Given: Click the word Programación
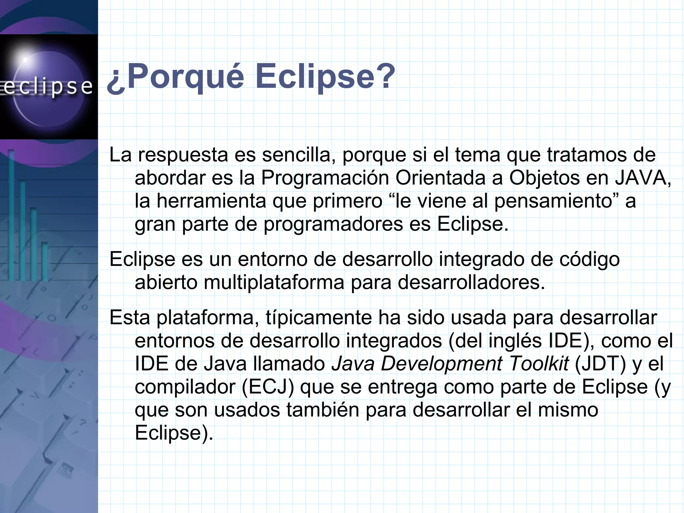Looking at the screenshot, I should coord(325,178).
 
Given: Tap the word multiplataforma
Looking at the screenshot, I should coord(274,283).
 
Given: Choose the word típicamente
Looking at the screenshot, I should coord(319,317).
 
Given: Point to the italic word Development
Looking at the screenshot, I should coord(441,364).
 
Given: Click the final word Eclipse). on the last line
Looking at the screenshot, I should coord(174,433).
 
